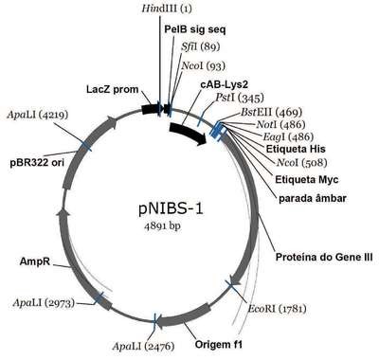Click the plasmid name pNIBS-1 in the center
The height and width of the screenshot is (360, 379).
coord(171,209)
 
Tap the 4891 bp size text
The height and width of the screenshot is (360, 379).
coord(163,225)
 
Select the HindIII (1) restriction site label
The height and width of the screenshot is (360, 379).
coord(167,9)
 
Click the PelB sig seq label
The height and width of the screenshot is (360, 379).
coord(195,29)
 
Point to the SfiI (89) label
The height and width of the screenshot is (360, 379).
coord(201,46)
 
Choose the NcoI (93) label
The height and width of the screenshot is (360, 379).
coord(204,65)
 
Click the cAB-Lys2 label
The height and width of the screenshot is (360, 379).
coord(225,84)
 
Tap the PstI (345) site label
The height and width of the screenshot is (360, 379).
coord(240,98)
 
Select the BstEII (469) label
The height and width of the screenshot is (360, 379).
coord(272,112)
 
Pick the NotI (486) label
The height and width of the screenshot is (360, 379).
coord(280,124)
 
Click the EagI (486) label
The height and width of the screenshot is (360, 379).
coord(288,136)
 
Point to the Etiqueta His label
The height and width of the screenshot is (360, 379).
coord(296,149)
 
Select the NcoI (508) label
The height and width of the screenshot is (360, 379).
coord(301,163)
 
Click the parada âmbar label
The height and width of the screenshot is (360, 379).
coord(313,199)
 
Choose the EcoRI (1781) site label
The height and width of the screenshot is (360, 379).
coord(277,308)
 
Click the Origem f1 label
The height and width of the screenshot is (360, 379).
coord(219,344)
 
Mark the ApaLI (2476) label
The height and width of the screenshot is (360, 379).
coord(143,347)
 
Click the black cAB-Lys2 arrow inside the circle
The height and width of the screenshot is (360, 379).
coord(189,134)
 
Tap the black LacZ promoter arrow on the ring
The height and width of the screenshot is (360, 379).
coord(152,109)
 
